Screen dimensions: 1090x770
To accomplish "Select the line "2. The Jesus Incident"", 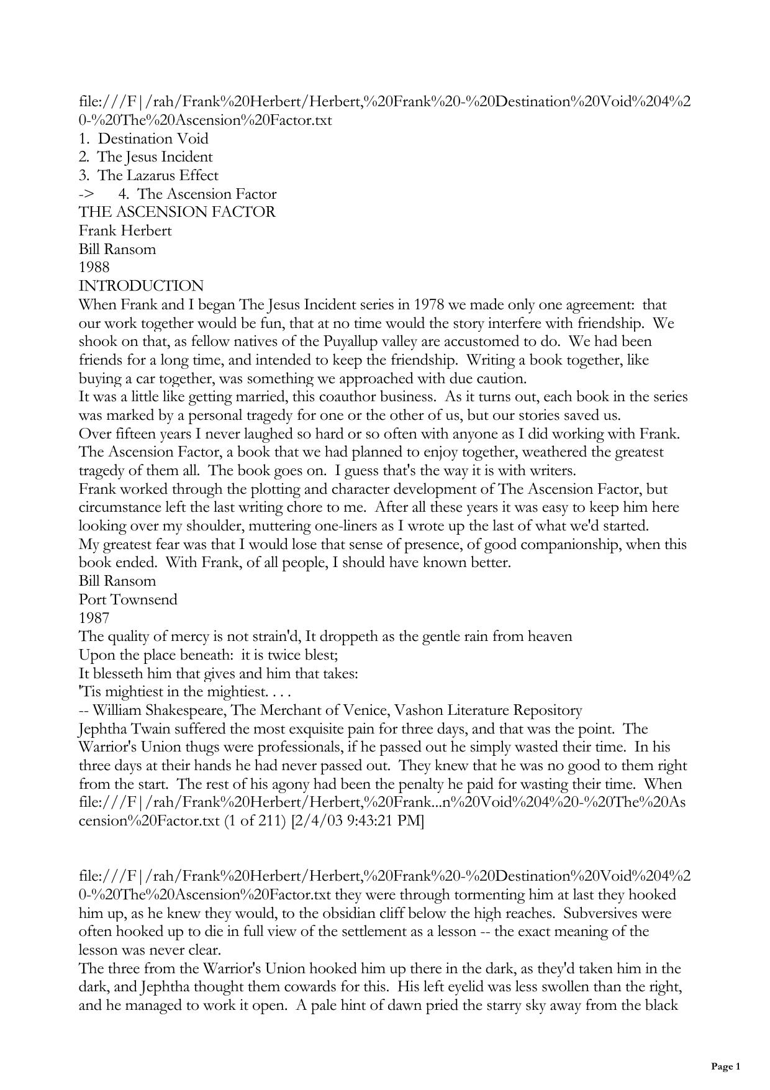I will [x=145, y=157].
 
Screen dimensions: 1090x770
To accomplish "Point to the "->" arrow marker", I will [x=86, y=194].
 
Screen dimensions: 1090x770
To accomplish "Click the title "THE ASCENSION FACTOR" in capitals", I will [x=177, y=212].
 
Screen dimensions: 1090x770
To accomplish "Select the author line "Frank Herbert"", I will [x=125, y=231].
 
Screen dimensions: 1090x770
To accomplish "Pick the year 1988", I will [x=94, y=268].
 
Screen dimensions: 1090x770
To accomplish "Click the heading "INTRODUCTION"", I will [x=141, y=286].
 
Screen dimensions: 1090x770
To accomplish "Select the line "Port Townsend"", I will [x=128, y=599].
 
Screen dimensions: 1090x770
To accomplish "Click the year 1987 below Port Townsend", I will [x=94, y=618].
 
